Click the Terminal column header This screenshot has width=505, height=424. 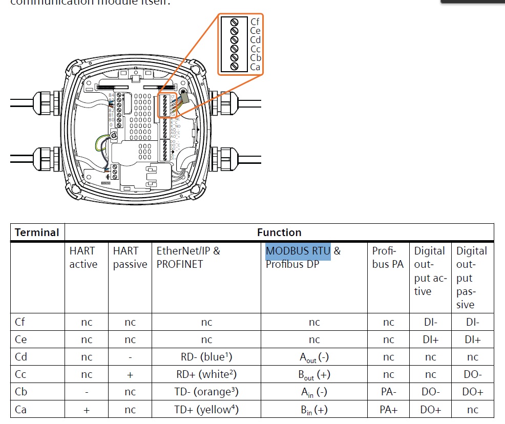(37, 232)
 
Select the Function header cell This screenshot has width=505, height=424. (279, 232)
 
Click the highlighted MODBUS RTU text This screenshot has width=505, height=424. (298, 251)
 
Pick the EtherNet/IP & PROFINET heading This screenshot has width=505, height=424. (188, 258)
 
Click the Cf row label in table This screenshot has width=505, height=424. (20, 322)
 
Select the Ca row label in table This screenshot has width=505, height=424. (21, 409)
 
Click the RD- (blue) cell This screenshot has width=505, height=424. (206, 357)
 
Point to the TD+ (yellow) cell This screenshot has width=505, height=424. (206, 409)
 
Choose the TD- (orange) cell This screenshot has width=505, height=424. (206, 392)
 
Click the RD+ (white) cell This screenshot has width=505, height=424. (206, 374)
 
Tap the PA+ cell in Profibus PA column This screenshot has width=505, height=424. (388, 409)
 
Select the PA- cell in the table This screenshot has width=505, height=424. (388, 392)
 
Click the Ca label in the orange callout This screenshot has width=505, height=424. (255, 67)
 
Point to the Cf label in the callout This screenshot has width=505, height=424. (255, 22)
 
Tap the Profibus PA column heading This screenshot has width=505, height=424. (388, 258)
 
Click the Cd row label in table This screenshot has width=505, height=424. (21, 357)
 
